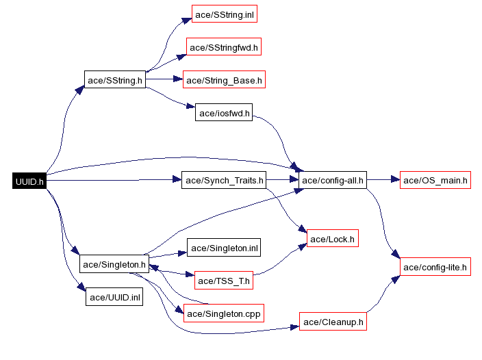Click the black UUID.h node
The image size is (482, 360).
tap(29, 181)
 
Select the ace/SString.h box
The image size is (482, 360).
tap(115, 80)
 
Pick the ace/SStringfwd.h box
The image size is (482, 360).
tap(225, 47)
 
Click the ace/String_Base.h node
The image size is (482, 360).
tap(224, 80)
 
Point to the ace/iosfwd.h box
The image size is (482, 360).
tap(225, 113)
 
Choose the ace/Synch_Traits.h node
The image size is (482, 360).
tap(223, 181)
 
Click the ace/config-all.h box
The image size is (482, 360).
tap(332, 181)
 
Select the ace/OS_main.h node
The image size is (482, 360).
tap(435, 181)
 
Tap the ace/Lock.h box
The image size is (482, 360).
tap(333, 239)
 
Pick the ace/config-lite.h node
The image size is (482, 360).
tap(435, 266)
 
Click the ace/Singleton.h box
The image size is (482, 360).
tap(114, 263)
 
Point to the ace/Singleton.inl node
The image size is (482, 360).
tap(225, 248)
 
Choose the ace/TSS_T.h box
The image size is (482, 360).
tap(225, 281)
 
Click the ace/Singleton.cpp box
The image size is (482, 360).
tap(224, 313)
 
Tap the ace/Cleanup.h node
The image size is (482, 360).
tap(333, 322)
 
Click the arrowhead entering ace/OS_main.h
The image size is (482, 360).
tap(394, 181)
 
